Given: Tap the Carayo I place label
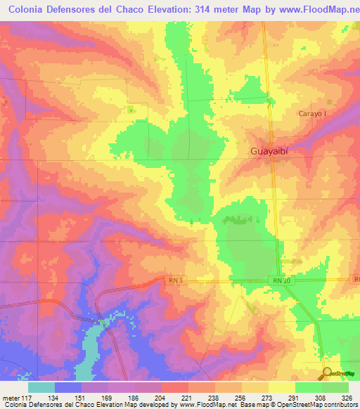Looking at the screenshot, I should (x=311, y=114).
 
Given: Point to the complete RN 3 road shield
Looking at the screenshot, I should (x=176, y=280).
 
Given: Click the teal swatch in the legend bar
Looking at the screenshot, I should (x=41, y=387).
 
